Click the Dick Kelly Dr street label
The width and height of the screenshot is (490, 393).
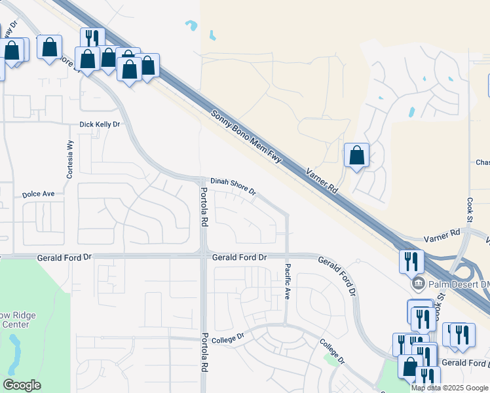[100, 124]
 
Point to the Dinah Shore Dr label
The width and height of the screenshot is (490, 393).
[233, 185]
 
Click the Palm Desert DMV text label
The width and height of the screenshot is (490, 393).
[459, 284]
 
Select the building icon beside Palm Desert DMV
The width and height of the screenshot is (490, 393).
[417, 284]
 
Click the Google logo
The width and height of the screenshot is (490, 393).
[22, 384]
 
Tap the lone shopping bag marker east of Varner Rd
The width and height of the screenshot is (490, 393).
[356, 156]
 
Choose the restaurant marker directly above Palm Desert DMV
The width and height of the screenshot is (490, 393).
[411, 261]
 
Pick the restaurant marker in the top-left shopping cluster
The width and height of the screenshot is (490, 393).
[92, 38]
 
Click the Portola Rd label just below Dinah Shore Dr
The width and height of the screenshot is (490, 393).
[204, 207]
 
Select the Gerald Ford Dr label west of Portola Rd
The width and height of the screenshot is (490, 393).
[64, 258]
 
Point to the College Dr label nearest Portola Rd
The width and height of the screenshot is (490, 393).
[230, 337]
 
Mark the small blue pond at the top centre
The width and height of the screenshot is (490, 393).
[191, 26]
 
